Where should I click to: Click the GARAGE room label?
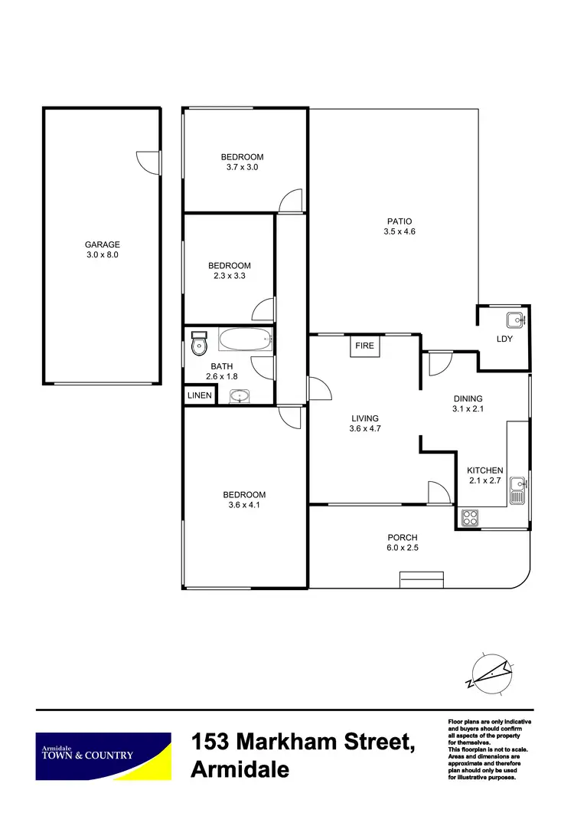(x=102, y=245)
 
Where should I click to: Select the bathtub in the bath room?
(x=245, y=340)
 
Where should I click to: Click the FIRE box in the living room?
(x=365, y=346)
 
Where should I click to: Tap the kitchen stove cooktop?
(x=470, y=518)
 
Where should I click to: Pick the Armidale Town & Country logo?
(x=103, y=755)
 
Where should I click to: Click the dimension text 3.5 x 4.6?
(x=399, y=231)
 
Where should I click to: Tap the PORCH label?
(x=402, y=538)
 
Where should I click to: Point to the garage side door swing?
(x=148, y=162)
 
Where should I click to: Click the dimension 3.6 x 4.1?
(x=244, y=505)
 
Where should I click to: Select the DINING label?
(x=468, y=398)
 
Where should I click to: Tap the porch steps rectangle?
(x=421, y=580)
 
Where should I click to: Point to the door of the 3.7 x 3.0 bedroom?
(x=291, y=201)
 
